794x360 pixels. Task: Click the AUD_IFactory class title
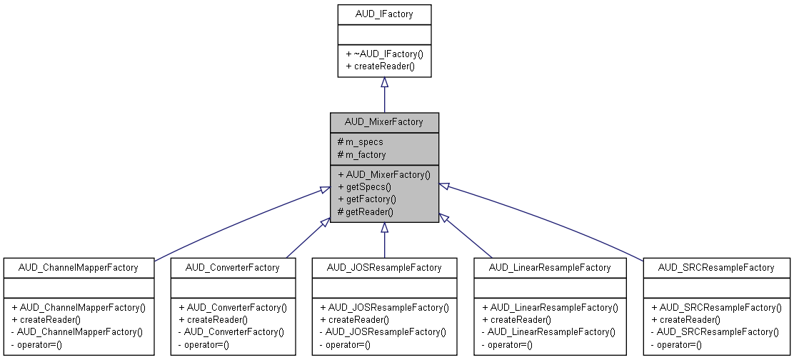point(384,14)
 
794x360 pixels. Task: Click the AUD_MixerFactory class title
point(384,122)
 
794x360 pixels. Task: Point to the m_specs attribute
point(361,141)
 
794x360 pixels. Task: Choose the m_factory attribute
point(362,154)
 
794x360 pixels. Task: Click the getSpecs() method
point(364,186)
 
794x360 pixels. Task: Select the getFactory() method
point(366,199)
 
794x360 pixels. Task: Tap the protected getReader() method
point(366,211)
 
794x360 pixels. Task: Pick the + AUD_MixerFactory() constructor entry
point(384,174)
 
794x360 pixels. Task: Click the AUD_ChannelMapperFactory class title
point(79,267)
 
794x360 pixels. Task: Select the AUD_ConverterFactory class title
point(233,267)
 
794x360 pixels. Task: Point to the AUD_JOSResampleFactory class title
point(384,267)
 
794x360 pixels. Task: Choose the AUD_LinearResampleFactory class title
point(550,267)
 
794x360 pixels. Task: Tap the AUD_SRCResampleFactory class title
point(716,267)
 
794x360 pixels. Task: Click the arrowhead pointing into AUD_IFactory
point(384,82)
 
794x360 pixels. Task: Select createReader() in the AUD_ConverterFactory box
point(213,319)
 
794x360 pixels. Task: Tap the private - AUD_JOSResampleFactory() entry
point(383,331)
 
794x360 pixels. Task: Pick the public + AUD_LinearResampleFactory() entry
point(550,307)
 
